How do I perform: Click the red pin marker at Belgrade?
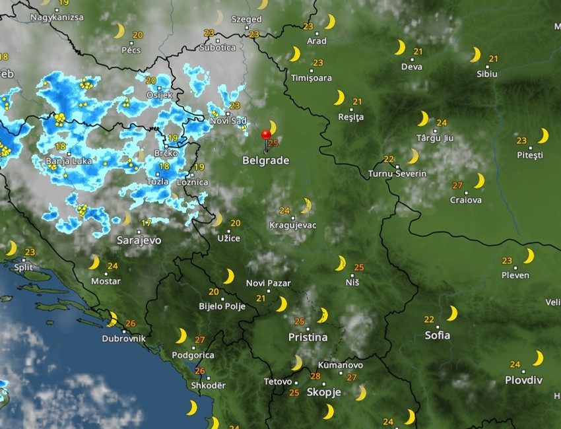click(x=266, y=135)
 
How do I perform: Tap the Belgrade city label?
click(x=265, y=160)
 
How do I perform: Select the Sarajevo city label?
click(x=139, y=240)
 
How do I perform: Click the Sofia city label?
click(x=438, y=335)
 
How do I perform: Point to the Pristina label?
click(x=308, y=337)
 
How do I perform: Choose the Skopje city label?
click(x=324, y=392)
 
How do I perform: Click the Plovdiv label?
click(x=523, y=380)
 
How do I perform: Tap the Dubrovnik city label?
click(x=123, y=339)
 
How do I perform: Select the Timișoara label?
click(x=312, y=78)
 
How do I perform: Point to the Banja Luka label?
click(x=67, y=161)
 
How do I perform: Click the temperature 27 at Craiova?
click(x=457, y=185)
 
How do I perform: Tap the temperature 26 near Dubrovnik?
click(x=130, y=323)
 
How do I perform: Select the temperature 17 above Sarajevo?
click(x=147, y=223)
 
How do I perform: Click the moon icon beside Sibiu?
click(x=475, y=54)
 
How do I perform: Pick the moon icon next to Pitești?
click(x=543, y=136)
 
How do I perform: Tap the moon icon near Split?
click(x=11, y=248)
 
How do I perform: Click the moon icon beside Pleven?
click(x=529, y=256)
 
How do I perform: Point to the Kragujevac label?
click(x=293, y=225)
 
